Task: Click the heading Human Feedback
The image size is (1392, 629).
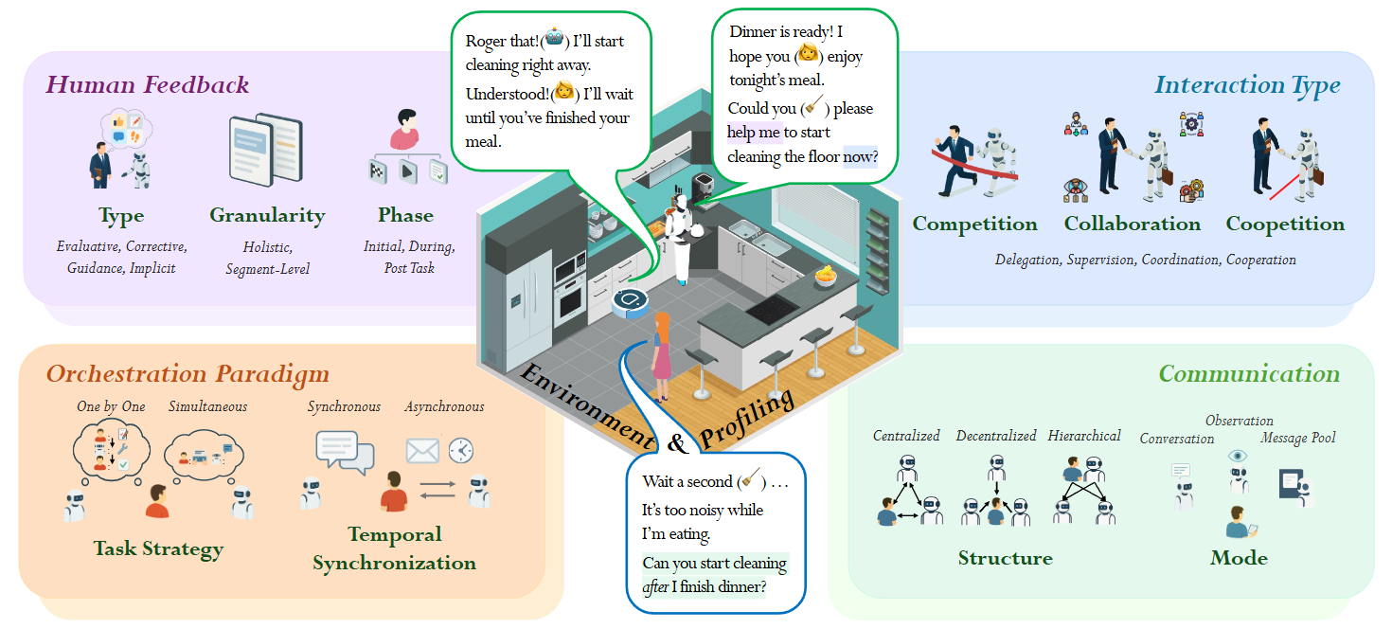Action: click(148, 85)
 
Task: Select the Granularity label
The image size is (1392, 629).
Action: click(266, 216)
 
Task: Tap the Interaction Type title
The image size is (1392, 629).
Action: click(1247, 85)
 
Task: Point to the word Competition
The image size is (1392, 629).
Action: click(974, 225)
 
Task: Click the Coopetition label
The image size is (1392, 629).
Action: click(1285, 225)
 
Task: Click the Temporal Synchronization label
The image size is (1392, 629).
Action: click(394, 548)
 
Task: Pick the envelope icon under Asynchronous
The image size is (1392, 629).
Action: click(422, 451)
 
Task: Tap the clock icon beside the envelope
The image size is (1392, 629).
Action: click(461, 450)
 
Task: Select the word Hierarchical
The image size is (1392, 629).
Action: click(1084, 437)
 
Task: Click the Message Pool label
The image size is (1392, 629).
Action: click(1298, 439)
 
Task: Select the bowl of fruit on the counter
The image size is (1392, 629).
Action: click(827, 276)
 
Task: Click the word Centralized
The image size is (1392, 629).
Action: click(906, 437)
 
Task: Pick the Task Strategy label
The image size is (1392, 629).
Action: click(158, 548)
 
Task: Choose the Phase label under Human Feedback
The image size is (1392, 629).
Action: click(405, 216)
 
